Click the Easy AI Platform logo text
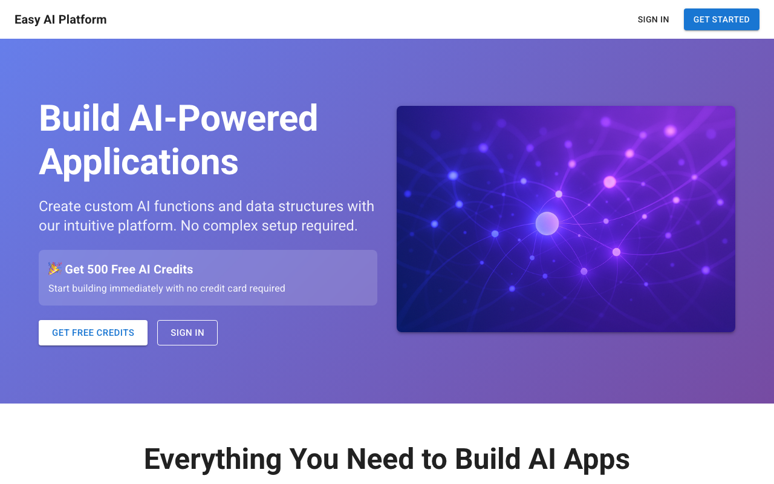pos(60,20)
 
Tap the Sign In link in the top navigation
pos(653,20)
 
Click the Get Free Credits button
pos(93,333)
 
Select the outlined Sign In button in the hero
pos(187,333)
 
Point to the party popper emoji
pos(54,269)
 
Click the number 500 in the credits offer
pos(97,269)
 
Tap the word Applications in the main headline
pos(138,162)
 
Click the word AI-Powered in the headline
pos(223,118)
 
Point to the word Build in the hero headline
pos(79,118)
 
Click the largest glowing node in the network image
pos(547,223)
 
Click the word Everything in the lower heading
pos(212,460)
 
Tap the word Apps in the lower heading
pos(597,460)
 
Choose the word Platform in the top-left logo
pos(83,20)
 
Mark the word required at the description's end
pos(330,226)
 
